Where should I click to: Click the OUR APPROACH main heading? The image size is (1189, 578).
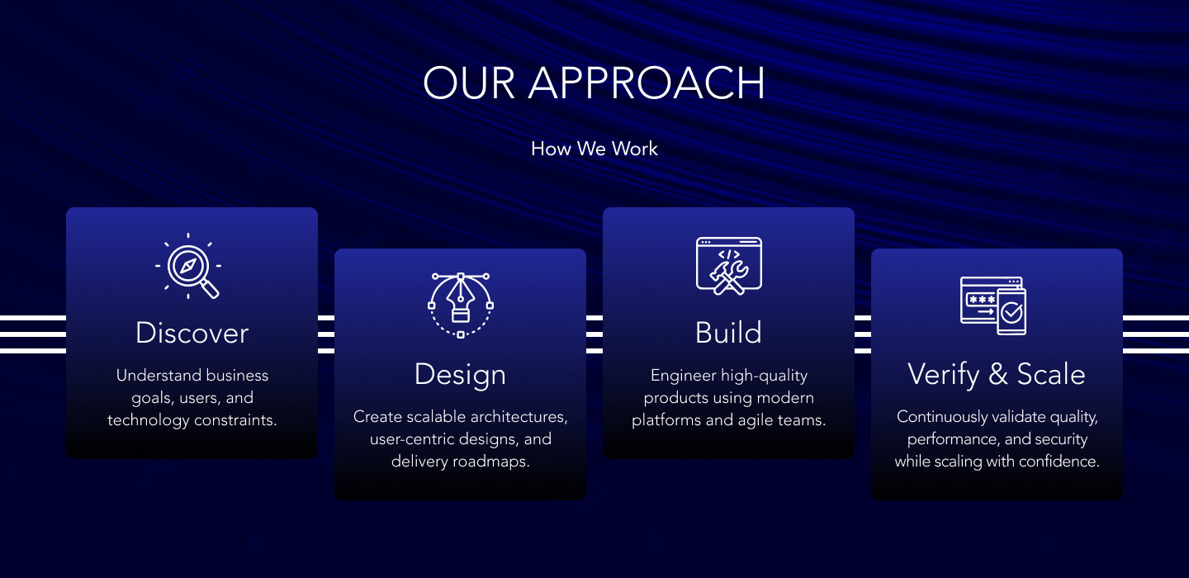(594, 83)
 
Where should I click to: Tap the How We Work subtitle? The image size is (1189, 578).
(594, 149)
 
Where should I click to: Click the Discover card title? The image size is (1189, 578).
(192, 334)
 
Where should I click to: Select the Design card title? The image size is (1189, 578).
(460, 375)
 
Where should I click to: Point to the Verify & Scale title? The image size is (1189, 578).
(997, 375)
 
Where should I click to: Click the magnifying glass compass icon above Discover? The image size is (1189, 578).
(189, 266)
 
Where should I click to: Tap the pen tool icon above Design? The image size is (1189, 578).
(460, 305)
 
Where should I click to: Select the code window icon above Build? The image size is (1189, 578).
(728, 265)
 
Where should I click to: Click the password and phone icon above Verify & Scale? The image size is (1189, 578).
(993, 306)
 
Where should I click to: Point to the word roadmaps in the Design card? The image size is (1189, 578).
(493, 462)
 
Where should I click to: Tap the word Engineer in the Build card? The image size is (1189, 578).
(682, 376)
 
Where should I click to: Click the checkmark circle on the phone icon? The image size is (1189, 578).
(1011, 313)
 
